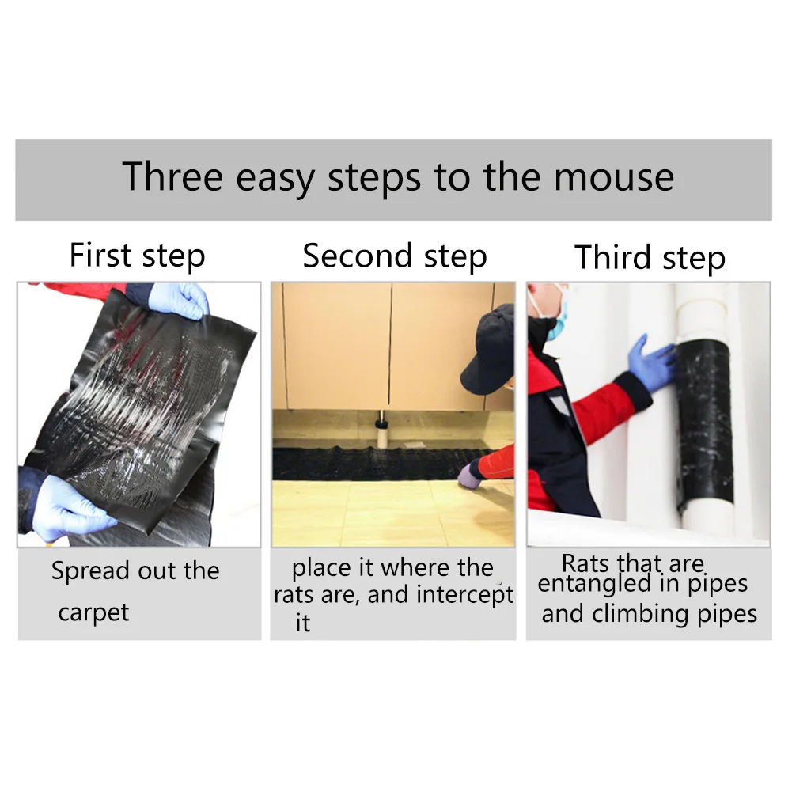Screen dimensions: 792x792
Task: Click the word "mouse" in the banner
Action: pos(614,176)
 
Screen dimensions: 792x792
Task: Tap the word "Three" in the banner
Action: pos(172,176)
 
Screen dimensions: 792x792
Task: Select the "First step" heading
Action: pos(138,256)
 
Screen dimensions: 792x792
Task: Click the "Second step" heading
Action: pos(395,256)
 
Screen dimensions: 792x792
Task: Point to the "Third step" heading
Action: pos(650,258)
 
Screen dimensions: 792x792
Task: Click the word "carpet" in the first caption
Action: pos(93,612)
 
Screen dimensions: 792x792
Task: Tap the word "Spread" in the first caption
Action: pos(91,571)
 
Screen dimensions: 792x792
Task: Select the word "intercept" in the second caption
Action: pos(465,594)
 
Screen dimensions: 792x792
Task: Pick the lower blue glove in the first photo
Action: pos(70,509)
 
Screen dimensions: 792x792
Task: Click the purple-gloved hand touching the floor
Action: pos(470,476)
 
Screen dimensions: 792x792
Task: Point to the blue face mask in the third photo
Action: pos(558,320)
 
